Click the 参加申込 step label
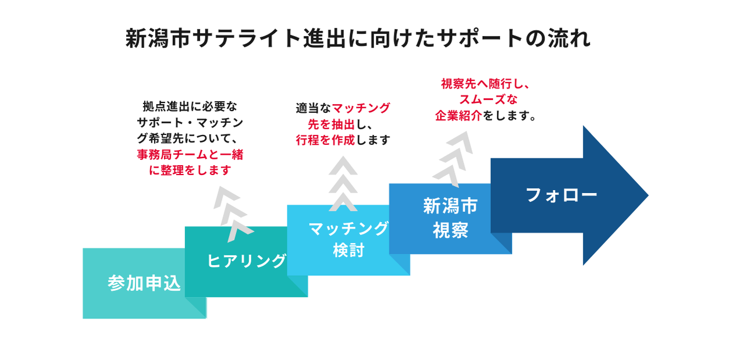144,283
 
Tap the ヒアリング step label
247,261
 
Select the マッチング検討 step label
348,239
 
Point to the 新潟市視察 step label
450,218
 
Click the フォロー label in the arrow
561,195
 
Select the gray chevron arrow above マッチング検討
343,183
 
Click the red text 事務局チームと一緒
190,155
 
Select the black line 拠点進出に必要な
190,107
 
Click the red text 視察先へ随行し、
485,84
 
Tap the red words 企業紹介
458,116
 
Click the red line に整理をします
190,170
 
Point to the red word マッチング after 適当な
361,109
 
